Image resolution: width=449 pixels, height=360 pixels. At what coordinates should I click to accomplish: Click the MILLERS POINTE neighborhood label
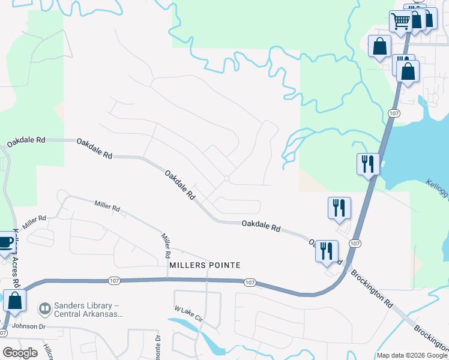coord(205,265)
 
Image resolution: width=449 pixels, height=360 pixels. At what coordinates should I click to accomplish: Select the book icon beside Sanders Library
coord(44,309)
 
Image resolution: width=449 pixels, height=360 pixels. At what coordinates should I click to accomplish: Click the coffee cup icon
coord(5,243)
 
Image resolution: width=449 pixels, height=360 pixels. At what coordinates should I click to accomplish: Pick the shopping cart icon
coord(400,22)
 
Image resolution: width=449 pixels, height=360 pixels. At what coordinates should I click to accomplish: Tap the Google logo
coord(20,352)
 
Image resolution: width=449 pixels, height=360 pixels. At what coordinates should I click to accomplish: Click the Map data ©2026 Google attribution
coord(412,355)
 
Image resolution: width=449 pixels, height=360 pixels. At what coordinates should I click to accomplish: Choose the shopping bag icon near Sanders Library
coord(14,302)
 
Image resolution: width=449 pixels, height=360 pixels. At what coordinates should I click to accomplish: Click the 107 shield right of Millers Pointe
coord(251,282)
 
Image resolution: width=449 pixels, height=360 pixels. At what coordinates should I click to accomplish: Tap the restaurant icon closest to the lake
coord(368,164)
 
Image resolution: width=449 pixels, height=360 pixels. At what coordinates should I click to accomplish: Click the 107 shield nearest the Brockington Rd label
coord(355,243)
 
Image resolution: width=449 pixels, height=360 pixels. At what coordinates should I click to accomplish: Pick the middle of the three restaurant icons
coord(339,208)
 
